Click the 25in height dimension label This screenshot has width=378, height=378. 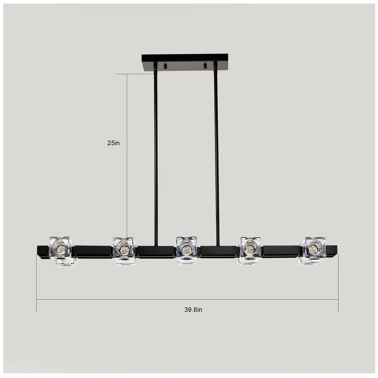113,142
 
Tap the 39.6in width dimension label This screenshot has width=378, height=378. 193,310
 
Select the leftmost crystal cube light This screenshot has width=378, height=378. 61,250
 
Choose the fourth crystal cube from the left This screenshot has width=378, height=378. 249,250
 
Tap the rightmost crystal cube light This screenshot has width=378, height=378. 313,249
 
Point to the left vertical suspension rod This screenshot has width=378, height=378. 155,156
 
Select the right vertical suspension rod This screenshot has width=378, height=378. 216,156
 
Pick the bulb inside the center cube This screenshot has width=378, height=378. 187,248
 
